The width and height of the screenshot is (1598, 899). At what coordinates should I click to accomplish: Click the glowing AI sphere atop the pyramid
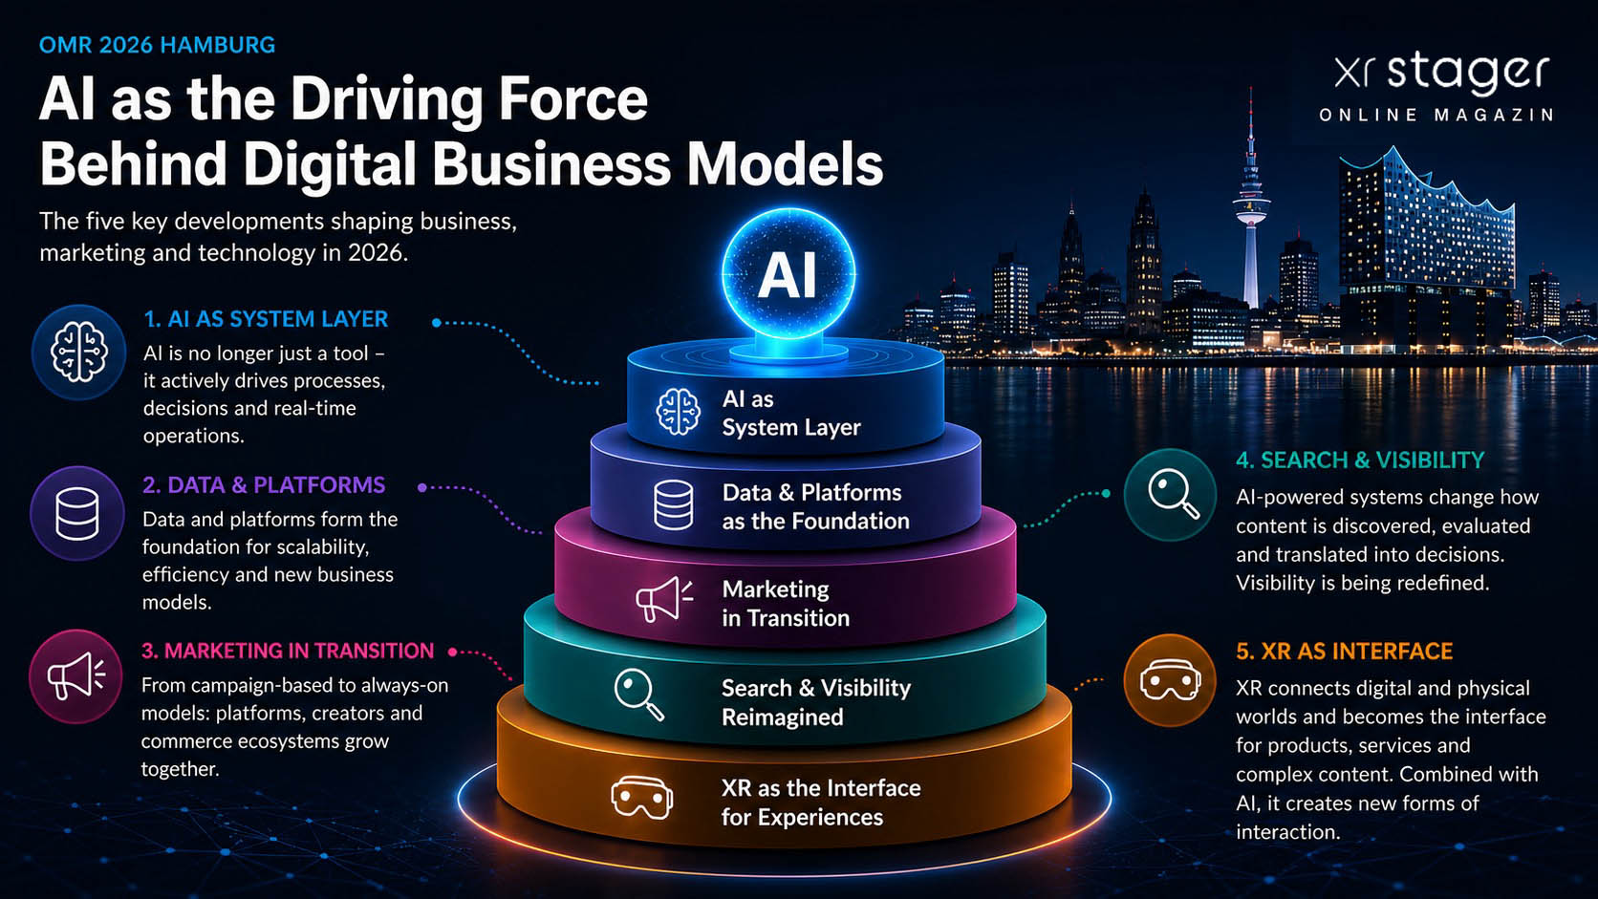pyautogui.click(x=788, y=274)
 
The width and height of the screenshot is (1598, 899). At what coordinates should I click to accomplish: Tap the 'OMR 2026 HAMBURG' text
pyautogui.click(x=157, y=45)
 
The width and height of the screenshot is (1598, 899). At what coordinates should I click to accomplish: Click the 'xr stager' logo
pyautogui.click(x=1442, y=74)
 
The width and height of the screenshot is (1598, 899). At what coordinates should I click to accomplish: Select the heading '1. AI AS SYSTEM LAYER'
pyautogui.click(x=266, y=319)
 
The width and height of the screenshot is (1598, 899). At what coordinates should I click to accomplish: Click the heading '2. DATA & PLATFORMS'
pyautogui.click(x=264, y=484)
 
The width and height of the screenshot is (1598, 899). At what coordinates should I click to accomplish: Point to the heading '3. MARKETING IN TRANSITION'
pyautogui.click(x=288, y=651)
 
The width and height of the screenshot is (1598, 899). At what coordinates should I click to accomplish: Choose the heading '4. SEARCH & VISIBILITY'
pyautogui.click(x=1360, y=460)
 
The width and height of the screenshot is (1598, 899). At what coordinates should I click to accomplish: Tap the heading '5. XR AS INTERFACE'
pyautogui.click(x=1345, y=651)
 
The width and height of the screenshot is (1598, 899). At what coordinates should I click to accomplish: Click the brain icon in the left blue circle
pyautogui.click(x=78, y=352)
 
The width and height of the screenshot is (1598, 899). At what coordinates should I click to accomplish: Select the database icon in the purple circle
pyautogui.click(x=77, y=513)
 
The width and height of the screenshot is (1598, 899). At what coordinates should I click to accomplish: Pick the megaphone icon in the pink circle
pyautogui.click(x=76, y=674)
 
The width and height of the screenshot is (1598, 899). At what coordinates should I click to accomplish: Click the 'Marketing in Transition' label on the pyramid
pyautogui.click(x=786, y=603)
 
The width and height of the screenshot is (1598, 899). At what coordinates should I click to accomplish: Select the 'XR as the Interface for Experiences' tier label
pyautogui.click(x=820, y=803)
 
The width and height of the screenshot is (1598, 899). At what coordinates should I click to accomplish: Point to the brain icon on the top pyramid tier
pyautogui.click(x=678, y=412)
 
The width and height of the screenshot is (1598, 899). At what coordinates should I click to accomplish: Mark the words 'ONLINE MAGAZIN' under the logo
pyautogui.click(x=1436, y=115)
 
